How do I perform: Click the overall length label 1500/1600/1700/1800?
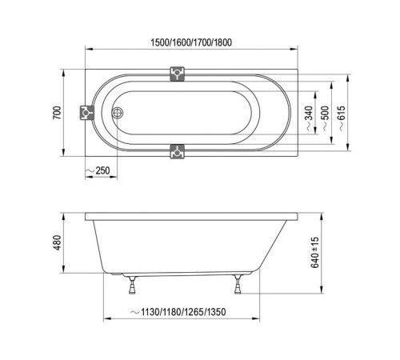191,42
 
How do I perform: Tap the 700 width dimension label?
57,113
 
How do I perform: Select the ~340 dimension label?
309,118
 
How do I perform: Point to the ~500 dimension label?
326,118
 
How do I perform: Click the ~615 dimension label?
342,118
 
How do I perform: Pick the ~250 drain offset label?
98,170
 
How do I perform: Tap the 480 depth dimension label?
57,242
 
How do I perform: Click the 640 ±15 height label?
315,252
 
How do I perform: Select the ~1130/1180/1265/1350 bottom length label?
178,312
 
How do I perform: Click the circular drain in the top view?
117,113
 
